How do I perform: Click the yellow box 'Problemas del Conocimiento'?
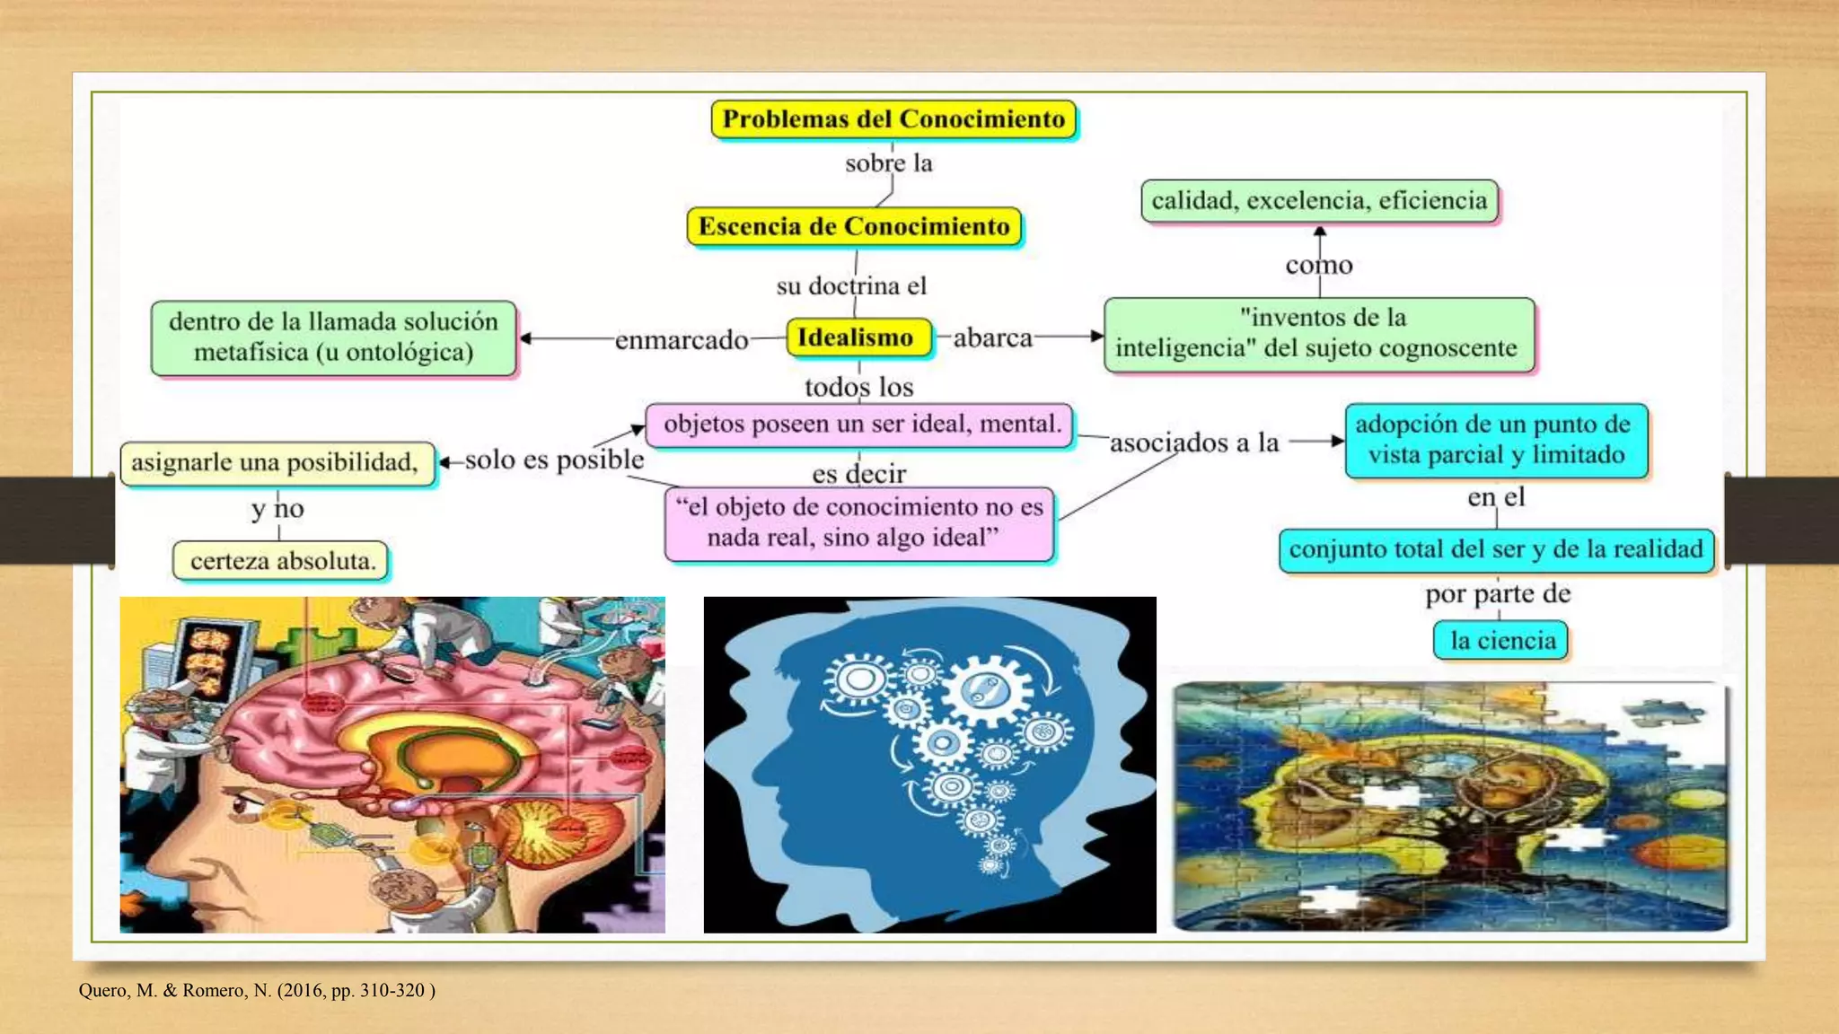tap(893, 119)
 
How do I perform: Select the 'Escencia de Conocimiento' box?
tap(854, 226)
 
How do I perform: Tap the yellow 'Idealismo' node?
tap(856, 337)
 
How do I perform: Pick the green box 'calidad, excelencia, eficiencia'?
tap(1319, 200)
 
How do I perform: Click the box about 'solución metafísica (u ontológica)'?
tap(333, 337)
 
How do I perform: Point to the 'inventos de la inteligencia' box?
tap(1317, 334)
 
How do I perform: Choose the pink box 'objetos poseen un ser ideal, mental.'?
tap(861, 424)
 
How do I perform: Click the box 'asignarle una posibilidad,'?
tap(276, 462)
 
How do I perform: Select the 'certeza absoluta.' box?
tap(282, 561)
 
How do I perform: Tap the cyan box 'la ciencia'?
tap(1502, 641)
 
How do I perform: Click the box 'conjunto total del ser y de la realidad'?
tap(1496, 549)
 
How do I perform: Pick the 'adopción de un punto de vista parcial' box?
tap(1496, 440)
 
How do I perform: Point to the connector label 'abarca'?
tap(992, 338)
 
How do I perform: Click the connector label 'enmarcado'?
tap(682, 340)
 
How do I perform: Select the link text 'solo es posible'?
tap(554, 460)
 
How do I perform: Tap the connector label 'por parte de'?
tap(1498, 594)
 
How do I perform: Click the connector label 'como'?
tap(1318, 266)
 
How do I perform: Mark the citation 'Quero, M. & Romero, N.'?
tap(257, 991)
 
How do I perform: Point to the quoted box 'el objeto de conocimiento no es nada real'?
tap(860, 522)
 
